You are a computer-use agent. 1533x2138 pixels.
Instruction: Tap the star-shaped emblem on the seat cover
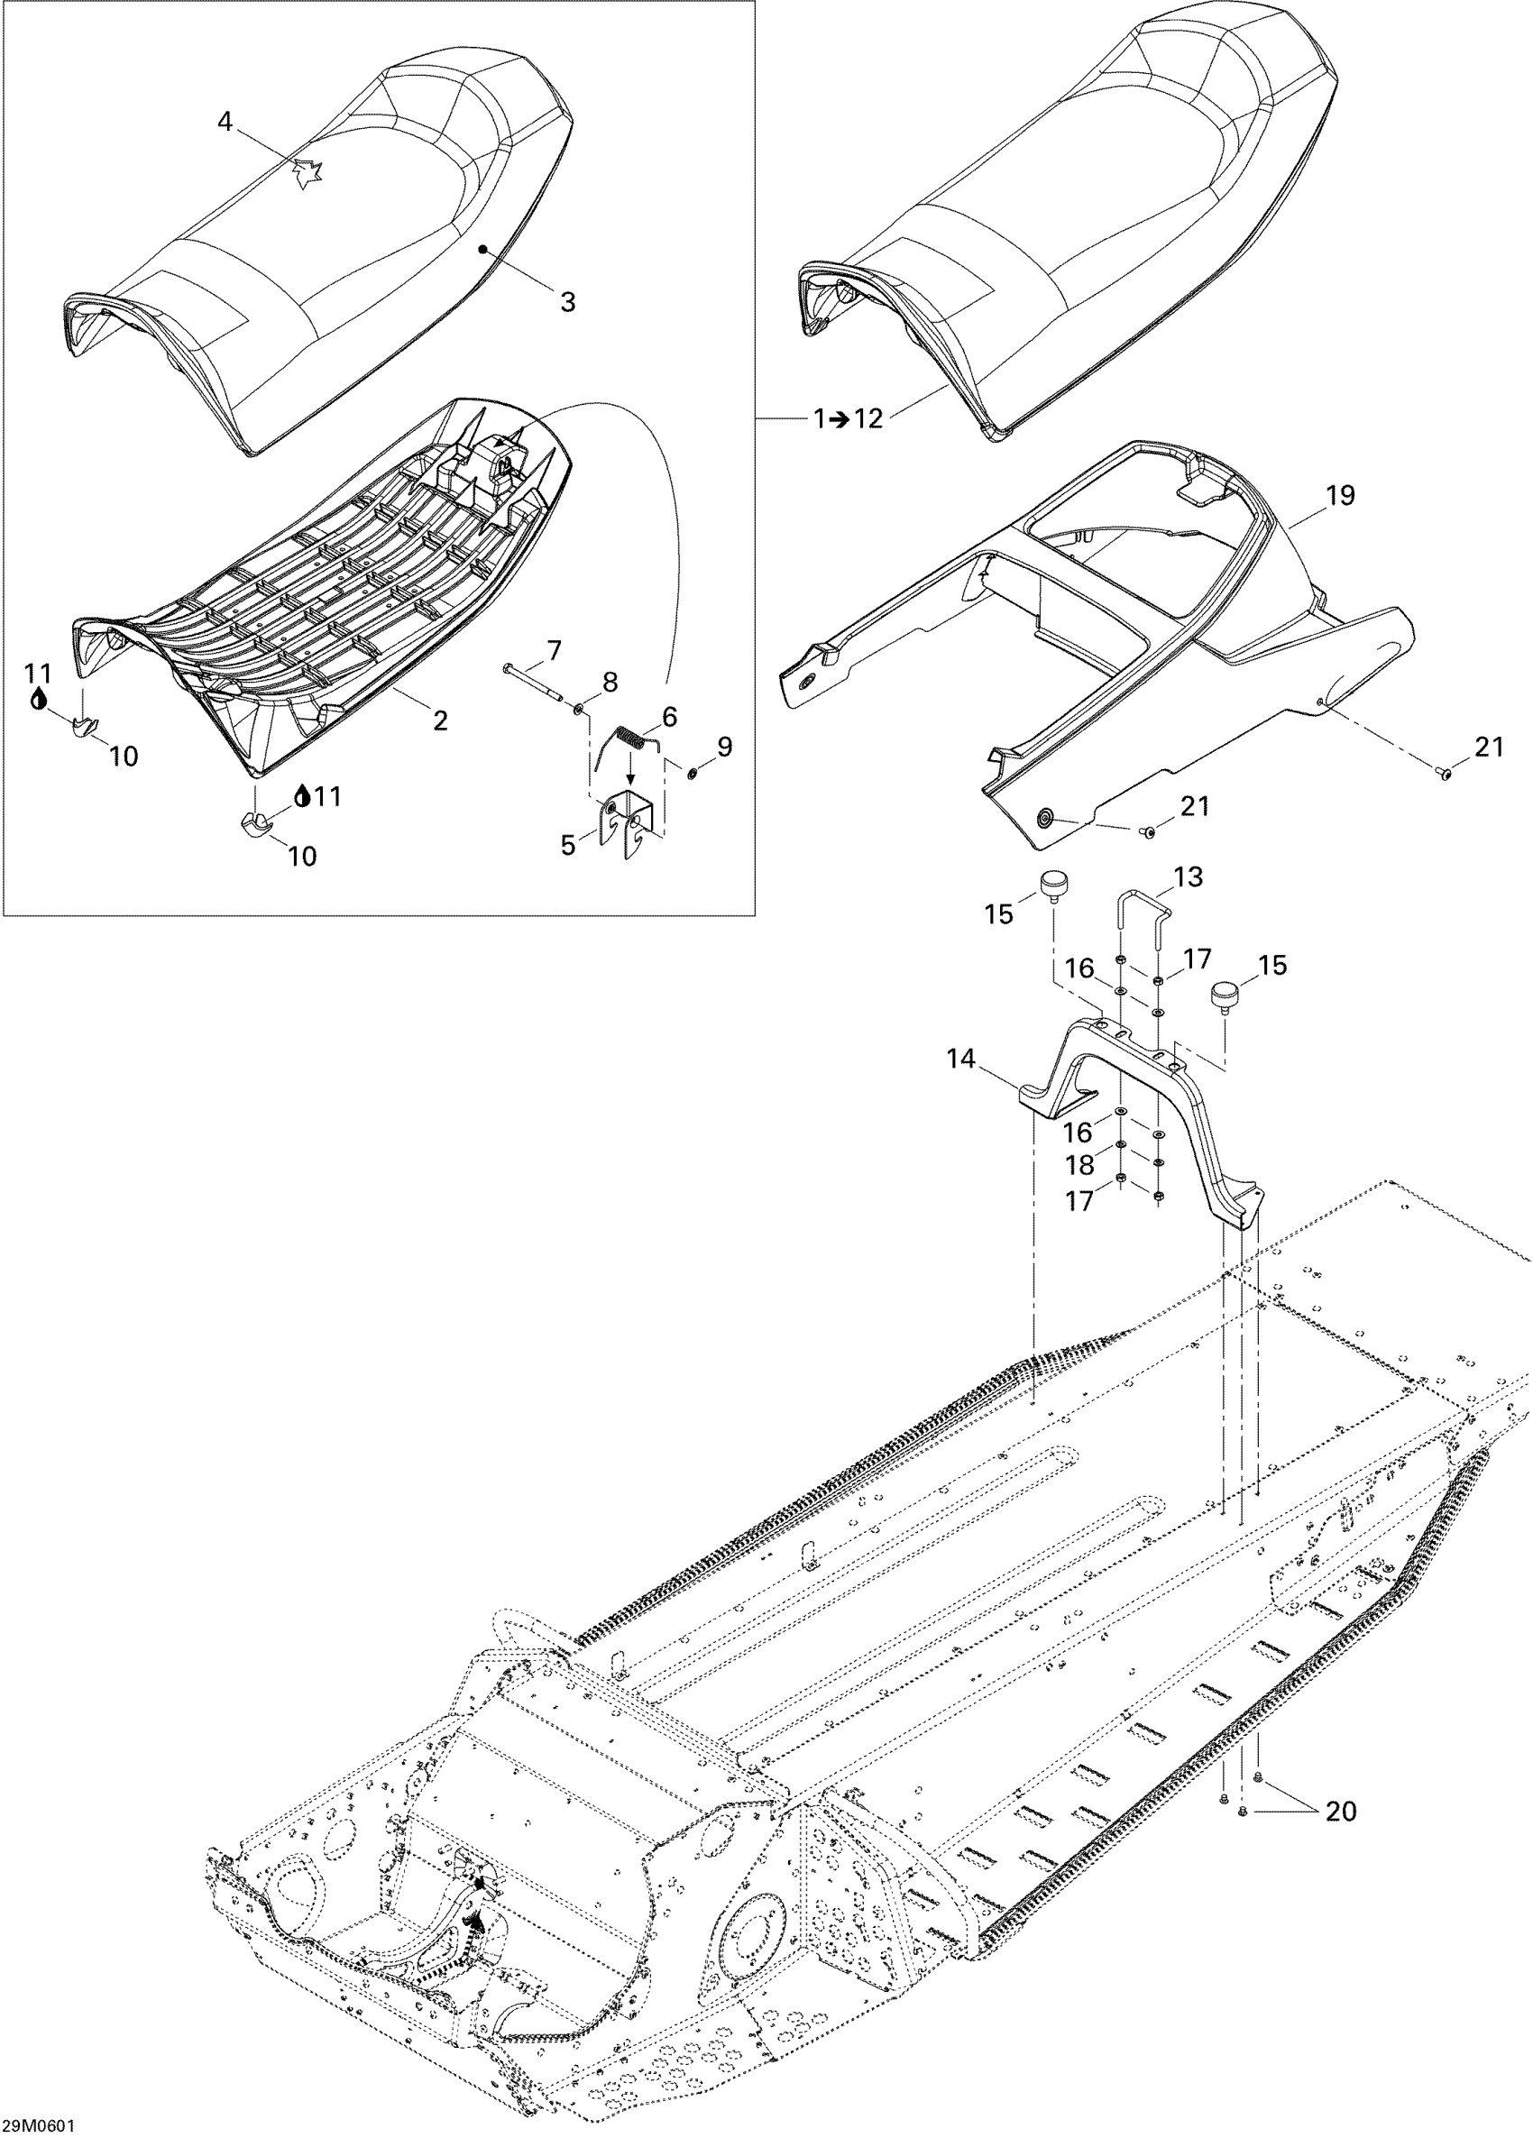tap(307, 174)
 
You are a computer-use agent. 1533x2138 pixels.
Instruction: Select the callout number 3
tap(567, 303)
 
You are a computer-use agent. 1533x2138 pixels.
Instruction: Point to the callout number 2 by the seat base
tap(439, 721)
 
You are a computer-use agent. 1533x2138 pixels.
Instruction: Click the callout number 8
tap(610, 682)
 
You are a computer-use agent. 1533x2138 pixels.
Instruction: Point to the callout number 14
tap(960, 1060)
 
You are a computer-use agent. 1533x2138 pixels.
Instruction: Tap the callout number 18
tap(1079, 1166)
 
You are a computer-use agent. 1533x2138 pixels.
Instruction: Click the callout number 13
tap(1189, 877)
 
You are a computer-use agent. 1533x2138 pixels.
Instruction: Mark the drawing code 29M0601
tap(39, 2125)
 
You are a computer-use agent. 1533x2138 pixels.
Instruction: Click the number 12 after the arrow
tap(868, 418)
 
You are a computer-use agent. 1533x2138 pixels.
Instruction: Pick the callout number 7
tap(554, 649)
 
